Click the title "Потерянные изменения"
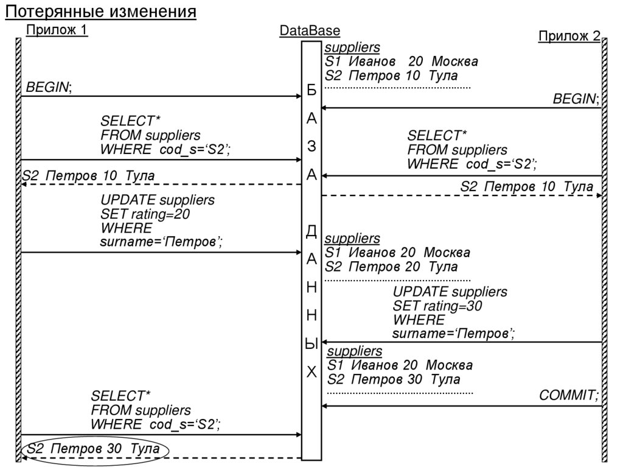(x=101, y=12)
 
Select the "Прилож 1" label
(x=57, y=30)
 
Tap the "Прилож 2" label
(x=568, y=36)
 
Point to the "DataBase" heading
(x=310, y=30)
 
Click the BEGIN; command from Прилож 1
(x=49, y=88)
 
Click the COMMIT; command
(x=569, y=396)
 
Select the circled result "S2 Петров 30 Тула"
(x=94, y=449)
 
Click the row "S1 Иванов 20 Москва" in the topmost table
(x=401, y=61)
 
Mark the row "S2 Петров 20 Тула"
(x=391, y=267)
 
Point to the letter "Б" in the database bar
(x=311, y=92)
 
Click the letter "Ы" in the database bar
(x=311, y=344)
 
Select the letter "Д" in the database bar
(x=311, y=231)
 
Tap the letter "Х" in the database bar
(x=311, y=372)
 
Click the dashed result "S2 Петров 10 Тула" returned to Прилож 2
(x=526, y=187)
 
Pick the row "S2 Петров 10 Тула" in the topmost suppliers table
(x=391, y=76)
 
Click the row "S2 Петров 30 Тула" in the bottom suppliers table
(x=394, y=380)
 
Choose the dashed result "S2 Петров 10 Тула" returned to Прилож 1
(x=88, y=176)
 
